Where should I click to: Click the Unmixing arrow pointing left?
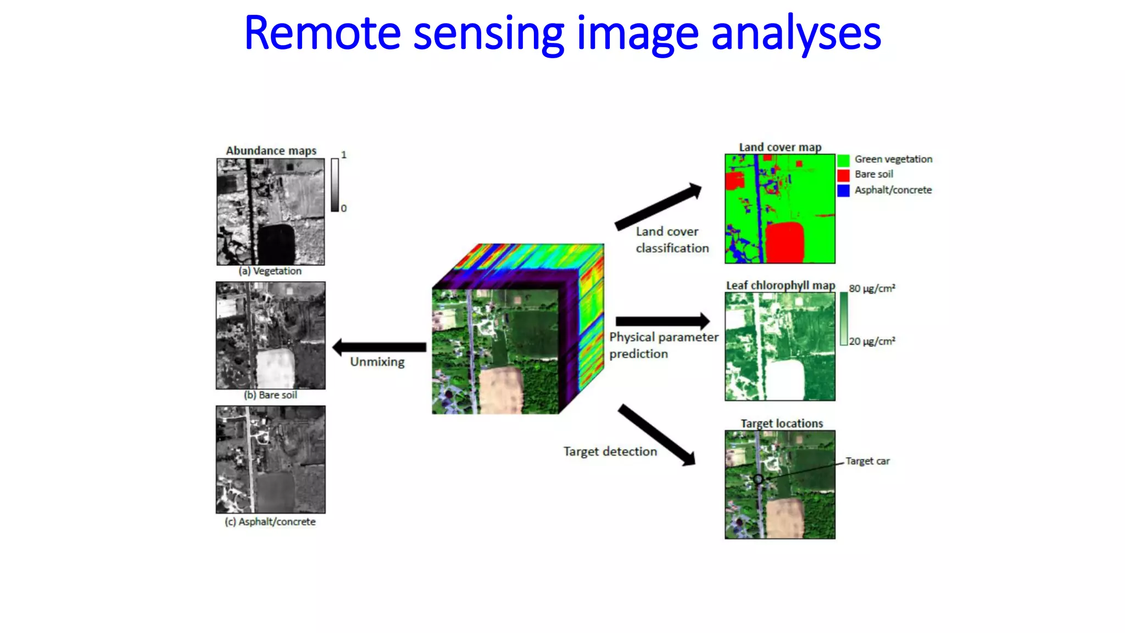coord(379,347)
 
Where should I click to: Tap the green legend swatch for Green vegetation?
coord(843,160)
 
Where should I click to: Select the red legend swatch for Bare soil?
coord(843,175)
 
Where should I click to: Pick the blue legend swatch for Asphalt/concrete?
coord(843,191)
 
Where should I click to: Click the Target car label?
coord(867,461)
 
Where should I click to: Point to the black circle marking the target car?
coord(758,479)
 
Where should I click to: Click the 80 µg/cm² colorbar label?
coord(872,288)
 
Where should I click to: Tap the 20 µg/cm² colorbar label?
coord(872,341)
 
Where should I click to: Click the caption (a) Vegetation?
coord(270,271)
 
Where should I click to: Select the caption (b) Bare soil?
coord(270,395)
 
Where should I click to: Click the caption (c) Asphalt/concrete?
coord(270,521)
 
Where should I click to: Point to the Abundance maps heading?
coord(271,151)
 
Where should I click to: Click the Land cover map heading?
coord(780,147)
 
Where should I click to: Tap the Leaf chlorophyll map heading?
coord(780,285)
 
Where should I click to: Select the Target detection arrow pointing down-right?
coord(656,435)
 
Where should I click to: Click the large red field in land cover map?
coord(784,241)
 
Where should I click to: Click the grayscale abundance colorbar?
coord(335,185)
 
